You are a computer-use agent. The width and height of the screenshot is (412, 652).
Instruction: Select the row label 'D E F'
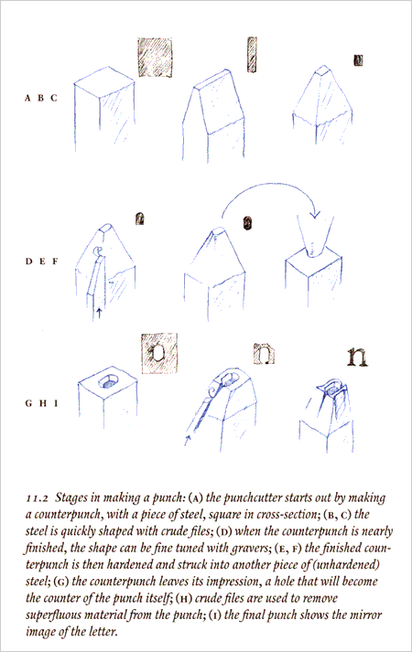pyautogui.click(x=42, y=261)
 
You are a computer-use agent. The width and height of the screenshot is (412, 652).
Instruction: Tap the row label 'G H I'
pyautogui.click(x=42, y=401)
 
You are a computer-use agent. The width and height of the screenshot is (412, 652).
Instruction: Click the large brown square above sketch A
pyautogui.click(x=156, y=56)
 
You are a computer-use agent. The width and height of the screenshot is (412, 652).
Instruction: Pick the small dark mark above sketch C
pyautogui.click(x=358, y=60)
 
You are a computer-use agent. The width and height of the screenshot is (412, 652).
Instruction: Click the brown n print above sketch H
pyautogui.click(x=263, y=351)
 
